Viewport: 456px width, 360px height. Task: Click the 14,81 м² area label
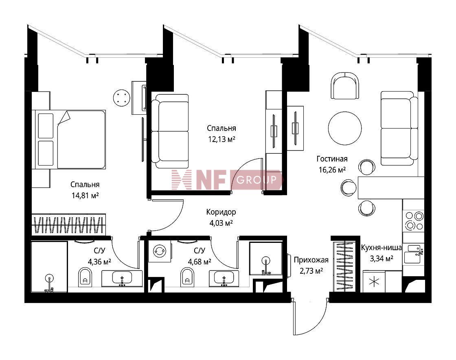(85, 195)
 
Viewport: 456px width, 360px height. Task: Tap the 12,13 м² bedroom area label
(221, 139)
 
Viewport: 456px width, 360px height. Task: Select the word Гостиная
(332, 159)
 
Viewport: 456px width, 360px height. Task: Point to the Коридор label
(221, 212)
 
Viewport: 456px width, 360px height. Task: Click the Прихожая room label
(311, 260)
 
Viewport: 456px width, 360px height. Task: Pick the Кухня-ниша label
(381, 248)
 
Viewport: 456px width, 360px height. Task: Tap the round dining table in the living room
(345, 128)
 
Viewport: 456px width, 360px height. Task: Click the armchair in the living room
(344, 86)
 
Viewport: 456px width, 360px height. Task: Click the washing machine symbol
(160, 251)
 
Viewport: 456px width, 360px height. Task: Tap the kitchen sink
(414, 254)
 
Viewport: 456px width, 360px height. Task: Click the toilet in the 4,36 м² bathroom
(85, 277)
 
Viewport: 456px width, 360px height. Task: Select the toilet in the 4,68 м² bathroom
(187, 277)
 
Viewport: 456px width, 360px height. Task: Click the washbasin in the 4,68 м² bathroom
(224, 278)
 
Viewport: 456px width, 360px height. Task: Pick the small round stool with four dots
(121, 97)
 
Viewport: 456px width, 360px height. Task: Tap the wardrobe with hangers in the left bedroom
(69, 225)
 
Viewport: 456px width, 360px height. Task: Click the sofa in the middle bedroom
(170, 131)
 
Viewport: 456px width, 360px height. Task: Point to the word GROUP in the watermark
(256, 180)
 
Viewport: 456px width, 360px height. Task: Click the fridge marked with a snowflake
(374, 281)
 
